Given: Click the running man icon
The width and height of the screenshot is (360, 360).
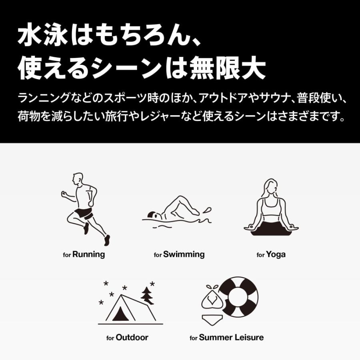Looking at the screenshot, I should pyautogui.click(x=86, y=208).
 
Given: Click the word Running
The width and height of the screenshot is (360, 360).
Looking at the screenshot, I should pyautogui.click(x=88, y=254).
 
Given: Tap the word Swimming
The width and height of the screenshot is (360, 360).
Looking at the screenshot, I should pyautogui.click(x=184, y=254).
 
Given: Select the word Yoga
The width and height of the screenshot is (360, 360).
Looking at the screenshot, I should pyautogui.click(x=276, y=254).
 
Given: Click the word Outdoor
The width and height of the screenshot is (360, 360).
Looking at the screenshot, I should pyautogui.click(x=132, y=338).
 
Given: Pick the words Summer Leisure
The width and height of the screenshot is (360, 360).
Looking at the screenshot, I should pyautogui.click(x=231, y=338).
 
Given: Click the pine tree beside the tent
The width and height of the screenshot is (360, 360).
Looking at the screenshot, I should pyautogui.click(x=148, y=296).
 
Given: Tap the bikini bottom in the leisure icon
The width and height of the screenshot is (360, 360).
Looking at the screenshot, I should pyautogui.click(x=212, y=319).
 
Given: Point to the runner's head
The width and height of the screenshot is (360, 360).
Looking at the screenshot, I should pyautogui.click(x=79, y=178).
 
